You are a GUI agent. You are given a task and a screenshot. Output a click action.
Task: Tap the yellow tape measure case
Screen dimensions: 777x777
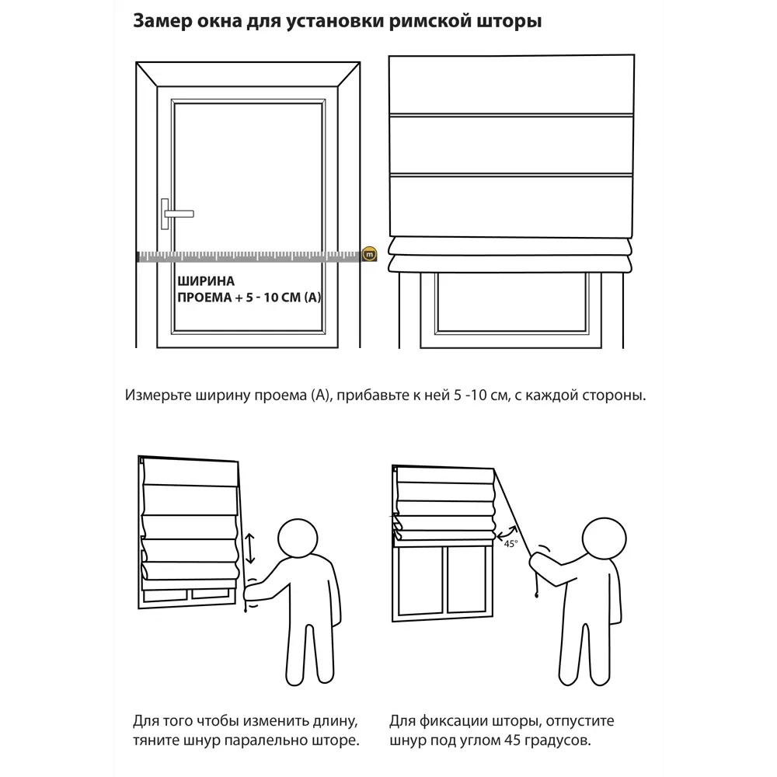(x=369, y=254)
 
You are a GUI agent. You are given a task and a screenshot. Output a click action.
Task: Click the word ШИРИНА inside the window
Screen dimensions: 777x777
(x=206, y=281)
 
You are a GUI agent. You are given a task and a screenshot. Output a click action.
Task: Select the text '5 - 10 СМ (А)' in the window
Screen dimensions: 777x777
(x=284, y=298)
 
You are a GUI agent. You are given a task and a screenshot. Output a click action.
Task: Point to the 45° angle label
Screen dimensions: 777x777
(x=511, y=544)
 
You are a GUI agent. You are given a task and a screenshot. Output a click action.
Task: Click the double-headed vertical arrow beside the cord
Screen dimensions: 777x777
(x=249, y=548)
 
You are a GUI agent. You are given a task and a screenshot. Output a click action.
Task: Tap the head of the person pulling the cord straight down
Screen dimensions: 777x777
(x=298, y=538)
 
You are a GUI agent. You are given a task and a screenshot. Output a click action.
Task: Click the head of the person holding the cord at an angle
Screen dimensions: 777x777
(x=604, y=539)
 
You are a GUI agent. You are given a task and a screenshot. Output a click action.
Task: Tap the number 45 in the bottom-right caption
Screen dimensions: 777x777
(x=513, y=740)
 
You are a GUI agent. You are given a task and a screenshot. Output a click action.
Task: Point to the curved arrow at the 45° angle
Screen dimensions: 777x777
(x=507, y=534)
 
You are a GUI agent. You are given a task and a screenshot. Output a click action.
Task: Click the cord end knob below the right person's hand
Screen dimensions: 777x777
(x=537, y=594)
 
